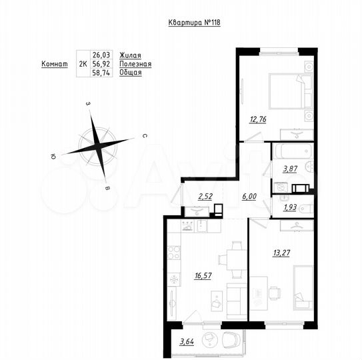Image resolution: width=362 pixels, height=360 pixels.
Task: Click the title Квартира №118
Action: click(193, 22)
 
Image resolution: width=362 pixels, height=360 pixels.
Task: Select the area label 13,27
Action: click(282, 251)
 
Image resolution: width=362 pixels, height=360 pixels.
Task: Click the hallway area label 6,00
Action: click(248, 196)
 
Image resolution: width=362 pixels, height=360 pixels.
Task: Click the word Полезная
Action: click(135, 64)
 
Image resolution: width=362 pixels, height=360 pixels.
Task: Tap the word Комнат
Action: click(55, 64)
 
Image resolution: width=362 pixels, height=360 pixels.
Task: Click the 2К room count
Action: click(83, 64)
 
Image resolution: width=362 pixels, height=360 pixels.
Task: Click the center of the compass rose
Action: click(97, 144)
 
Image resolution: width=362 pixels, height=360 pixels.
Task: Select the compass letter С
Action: click(143, 135)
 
